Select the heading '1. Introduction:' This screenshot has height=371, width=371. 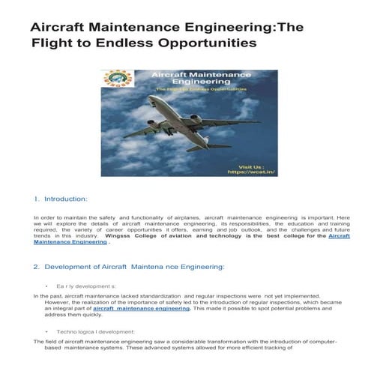click(61, 199)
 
